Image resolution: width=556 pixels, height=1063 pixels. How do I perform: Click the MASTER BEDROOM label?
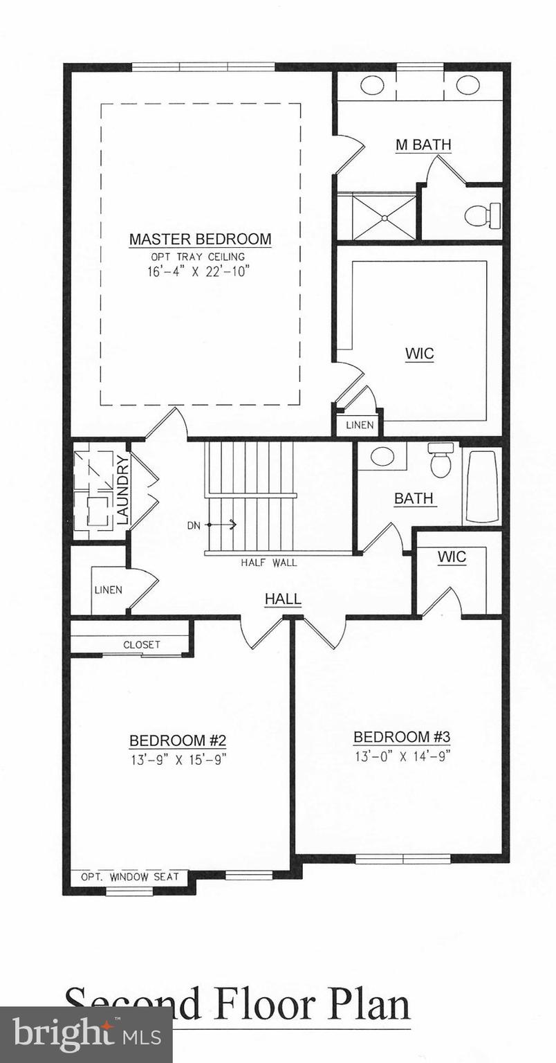tap(200, 239)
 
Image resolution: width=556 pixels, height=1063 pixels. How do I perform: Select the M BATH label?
tap(423, 145)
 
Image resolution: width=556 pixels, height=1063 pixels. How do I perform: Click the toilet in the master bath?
tap(482, 215)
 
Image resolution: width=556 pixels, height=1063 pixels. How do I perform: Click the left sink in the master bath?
tap(373, 85)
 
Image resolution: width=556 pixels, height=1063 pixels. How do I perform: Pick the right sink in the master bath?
tap(467, 85)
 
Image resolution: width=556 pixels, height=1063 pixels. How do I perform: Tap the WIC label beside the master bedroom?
tap(419, 354)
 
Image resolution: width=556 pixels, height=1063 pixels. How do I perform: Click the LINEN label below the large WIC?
tap(360, 425)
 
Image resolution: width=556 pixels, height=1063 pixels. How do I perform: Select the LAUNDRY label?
tap(122, 489)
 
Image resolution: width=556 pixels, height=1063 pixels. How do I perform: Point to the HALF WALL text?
tap(269, 563)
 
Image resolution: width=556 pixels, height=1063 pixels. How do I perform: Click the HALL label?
tap(283, 599)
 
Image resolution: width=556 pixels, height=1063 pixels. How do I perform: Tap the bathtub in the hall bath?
tap(481, 487)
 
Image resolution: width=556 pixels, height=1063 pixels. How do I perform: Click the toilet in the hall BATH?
tap(441, 460)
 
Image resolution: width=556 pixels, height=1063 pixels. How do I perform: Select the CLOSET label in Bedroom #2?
tap(142, 644)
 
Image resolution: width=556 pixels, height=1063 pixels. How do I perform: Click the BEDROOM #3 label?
tap(402, 736)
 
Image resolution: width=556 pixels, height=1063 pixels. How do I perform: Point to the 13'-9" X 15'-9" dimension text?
tap(178, 758)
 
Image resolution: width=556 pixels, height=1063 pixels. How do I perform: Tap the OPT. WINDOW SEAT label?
tap(130, 877)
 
